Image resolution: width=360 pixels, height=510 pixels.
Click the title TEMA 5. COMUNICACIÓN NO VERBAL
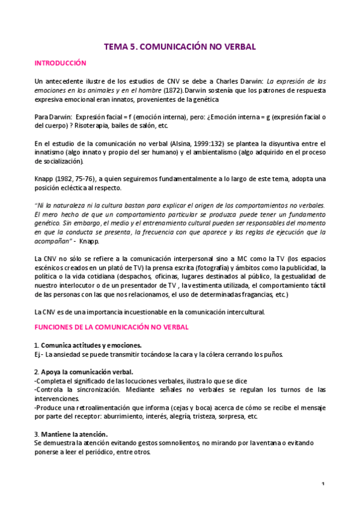point(180,46)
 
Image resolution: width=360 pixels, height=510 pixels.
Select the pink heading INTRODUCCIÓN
point(60,63)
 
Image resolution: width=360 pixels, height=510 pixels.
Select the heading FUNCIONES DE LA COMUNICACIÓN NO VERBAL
point(111,327)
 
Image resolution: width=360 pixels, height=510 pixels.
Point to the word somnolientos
point(171,444)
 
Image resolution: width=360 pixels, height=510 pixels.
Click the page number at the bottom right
point(323,484)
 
